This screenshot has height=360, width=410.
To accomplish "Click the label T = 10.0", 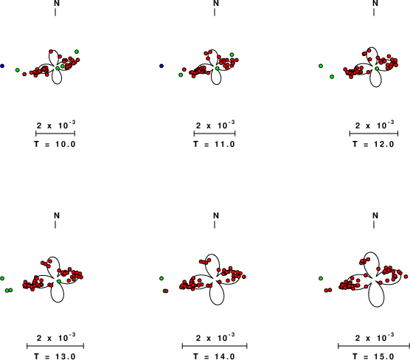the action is [x=55, y=144].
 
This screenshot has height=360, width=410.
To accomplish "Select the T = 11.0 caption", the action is [x=214, y=144].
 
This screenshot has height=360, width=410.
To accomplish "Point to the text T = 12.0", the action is [x=373, y=144].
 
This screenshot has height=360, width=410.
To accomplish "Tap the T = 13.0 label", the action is [x=55, y=356].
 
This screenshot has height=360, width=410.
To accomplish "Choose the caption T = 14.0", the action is [x=214, y=356].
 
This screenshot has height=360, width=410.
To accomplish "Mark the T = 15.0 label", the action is [x=373, y=356].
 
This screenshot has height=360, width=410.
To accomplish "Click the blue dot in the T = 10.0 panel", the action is [x=2, y=66].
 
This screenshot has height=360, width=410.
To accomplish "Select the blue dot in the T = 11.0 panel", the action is [x=161, y=66].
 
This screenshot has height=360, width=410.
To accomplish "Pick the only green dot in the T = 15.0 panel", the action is [x=321, y=278].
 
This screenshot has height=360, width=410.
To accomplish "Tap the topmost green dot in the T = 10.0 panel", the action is [x=77, y=52].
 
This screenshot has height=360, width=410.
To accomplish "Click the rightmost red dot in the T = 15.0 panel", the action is [x=406, y=277].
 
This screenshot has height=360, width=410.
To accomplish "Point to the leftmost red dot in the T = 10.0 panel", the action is [x=24, y=75].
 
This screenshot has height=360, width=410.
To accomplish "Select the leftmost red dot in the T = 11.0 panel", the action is [x=184, y=69].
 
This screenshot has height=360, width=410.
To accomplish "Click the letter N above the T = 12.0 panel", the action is [x=375, y=4].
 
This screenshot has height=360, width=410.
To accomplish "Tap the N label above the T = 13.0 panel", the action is [x=57, y=216].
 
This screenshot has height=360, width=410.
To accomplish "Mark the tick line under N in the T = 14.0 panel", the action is [x=215, y=225].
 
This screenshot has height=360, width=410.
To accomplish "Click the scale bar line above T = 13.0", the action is [x=55, y=347].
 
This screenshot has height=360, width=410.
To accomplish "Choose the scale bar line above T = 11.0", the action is [x=215, y=134].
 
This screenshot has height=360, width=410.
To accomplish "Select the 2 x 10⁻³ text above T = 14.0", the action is [x=215, y=338].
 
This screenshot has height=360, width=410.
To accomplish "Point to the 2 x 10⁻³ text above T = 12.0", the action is [x=375, y=125].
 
